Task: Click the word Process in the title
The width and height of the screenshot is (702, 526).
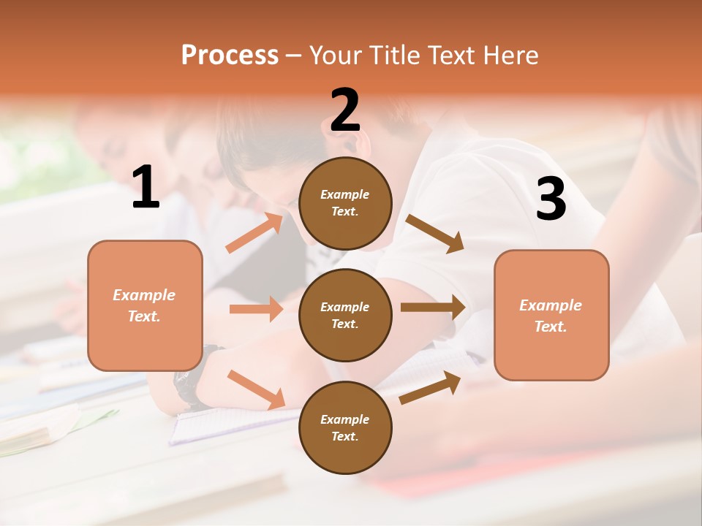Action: pyautogui.click(x=230, y=55)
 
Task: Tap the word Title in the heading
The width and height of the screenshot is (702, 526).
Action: pyautogui.click(x=394, y=55)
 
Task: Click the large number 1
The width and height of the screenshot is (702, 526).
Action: pyautogui.click(x=146, y=187)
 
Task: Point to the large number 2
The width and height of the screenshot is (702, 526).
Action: pyautogui.click(x=345, y=110)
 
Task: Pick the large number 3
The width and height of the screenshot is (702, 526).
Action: pyautogui.click(x=551, y=199)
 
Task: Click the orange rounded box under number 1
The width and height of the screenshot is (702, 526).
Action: pyautogui.click(x=145, y=305)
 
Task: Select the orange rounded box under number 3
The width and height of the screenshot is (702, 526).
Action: pyautogui.click(x=551, y=315)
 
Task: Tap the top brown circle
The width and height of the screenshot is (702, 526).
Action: pyautogui.click(x=345, y=203)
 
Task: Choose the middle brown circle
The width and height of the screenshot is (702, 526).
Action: pyautogui.click(x=345, y=315)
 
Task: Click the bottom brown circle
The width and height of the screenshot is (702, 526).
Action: pyautogui.click(x=345, y=427)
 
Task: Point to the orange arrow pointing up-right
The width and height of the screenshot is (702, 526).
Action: pyautogui.click(x=254, y=233)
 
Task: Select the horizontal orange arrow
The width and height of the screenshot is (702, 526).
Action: pyautogui.click(x=256, y=309)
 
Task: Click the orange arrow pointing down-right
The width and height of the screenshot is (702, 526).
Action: pyautogui.click(x=256, y=389)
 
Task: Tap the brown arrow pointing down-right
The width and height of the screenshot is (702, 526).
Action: pyautogui.click(x=434, y=233)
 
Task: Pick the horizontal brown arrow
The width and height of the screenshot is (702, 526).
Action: pyautogui.click(x=433, y=307)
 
